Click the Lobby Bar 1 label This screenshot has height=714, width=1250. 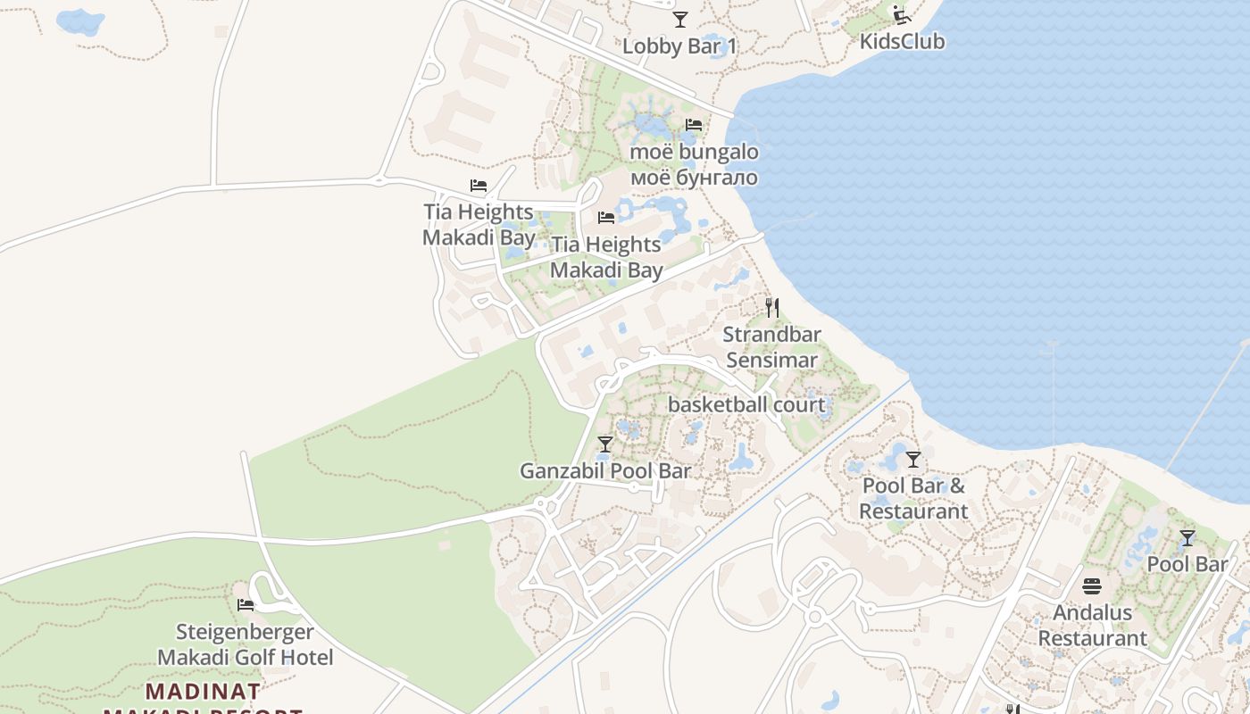(x=679, y=46)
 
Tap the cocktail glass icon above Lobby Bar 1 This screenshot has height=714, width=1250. (x=680, y=19)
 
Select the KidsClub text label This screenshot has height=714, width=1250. (x=902, y=41)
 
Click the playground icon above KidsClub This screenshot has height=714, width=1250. (x=901, y=14)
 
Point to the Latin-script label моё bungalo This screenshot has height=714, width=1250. (x=694, y=152)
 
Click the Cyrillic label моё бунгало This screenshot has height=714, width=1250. (x=694, y=177)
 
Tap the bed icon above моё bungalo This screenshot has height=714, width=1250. (x=694, y=125)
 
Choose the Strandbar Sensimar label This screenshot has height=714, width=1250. (x=772, y=347)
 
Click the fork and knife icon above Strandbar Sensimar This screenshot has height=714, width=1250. (x=772, y=308)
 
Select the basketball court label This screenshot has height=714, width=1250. (x=746, y=404)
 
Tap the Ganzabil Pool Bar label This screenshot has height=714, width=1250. (x=605, y=470)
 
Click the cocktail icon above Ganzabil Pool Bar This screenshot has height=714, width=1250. (x=605, y=444)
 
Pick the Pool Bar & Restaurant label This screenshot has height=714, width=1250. (x=913, y=499)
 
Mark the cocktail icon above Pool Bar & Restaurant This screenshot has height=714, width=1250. (x=912, y=460)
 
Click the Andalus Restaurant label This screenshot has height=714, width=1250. (x=1092, y=626)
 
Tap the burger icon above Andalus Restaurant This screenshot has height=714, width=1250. (x=1092, y=586)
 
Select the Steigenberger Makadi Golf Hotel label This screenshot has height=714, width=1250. (x=245, y=644)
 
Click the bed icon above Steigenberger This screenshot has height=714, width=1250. (x=246, y=605)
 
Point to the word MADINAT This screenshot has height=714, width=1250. (x=204, y=691)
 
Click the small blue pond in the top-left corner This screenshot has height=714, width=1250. (x=79, y=21)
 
